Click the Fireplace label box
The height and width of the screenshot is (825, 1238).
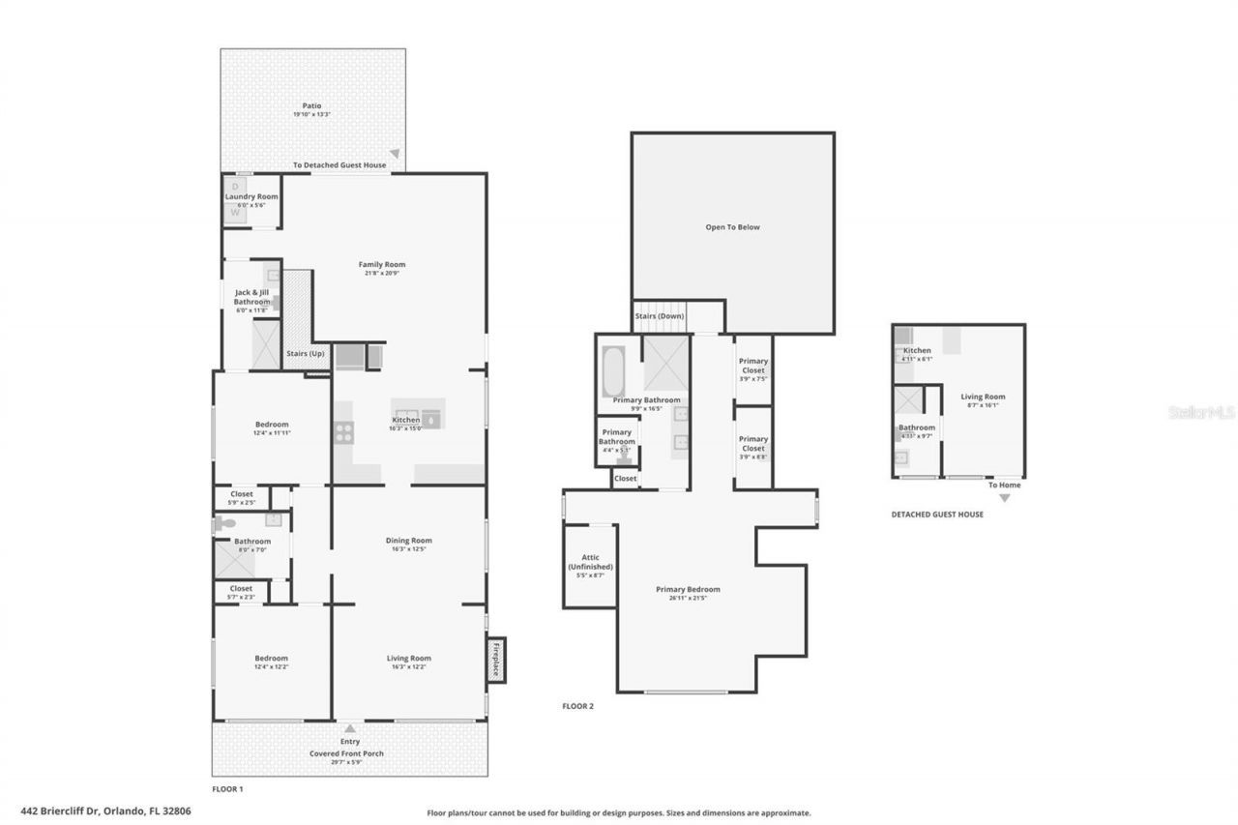[x=496, y=660]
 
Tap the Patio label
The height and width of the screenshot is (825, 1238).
[x=311, y=106]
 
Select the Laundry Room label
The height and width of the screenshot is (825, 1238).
[x=251, y=196]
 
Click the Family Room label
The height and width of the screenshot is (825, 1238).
[x=382, y=264]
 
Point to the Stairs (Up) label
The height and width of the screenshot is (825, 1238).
[x=306, y=354]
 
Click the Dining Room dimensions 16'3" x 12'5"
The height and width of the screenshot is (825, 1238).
[x=408, y=549]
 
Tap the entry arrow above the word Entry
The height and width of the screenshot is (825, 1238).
[x=350, y=728]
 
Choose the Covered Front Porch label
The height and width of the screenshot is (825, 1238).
[x=349, y=753]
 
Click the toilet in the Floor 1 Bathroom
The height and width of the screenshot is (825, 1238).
[x=224, y=523]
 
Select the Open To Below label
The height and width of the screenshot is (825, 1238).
[x=732, y=227]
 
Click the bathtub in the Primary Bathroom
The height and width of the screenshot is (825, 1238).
[x=614, y=371]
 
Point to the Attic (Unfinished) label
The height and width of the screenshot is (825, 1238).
[x=590, y=562]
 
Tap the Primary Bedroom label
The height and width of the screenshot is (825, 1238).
[x=688, y=589]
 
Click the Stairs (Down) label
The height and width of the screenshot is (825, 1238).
[x=659, y=316]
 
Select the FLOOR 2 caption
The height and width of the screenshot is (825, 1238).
[x=577, y=706]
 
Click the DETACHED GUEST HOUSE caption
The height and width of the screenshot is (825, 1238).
[x=937, y=515]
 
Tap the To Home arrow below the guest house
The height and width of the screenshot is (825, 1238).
[x=1004, y=498]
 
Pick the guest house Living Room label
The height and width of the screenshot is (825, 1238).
[x=983, y=397]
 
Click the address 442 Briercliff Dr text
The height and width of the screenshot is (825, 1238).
[x=105, y=811]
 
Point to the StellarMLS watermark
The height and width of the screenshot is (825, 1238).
[x=1201, y=412]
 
